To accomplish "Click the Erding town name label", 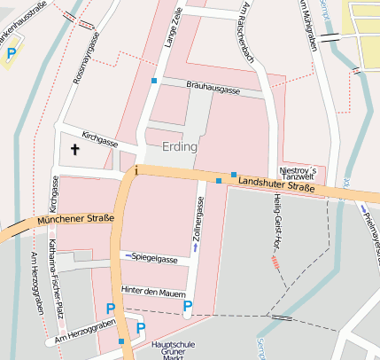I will pos(180,145).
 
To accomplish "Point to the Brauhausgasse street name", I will pos(213,90).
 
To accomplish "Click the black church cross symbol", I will pos(74,151).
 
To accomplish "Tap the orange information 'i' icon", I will pos(136,169).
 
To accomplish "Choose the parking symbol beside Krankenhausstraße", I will pos(12,54).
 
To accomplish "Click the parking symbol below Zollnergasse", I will pos(187,308).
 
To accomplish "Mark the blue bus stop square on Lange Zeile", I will pos(154,81).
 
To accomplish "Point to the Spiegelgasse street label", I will pos(153,259).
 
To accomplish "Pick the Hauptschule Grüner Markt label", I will pos(167,347).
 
